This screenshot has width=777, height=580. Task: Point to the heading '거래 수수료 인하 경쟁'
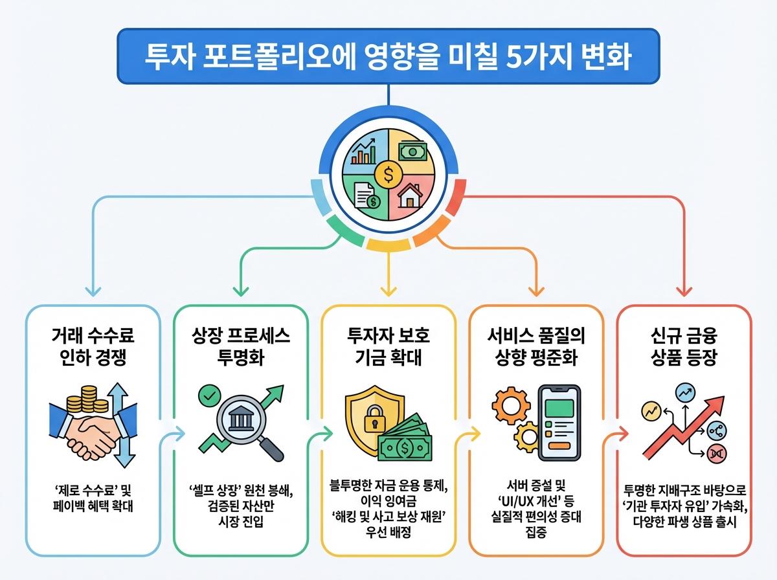pyautogui.click(x=93, y=347)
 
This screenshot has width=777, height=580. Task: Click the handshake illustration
pyautogui.click(x=92, y=428)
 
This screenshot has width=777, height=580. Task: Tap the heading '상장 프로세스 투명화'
pyautogui.click(x=240, y=347)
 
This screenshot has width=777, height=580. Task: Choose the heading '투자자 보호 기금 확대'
pyautogui.click(x=388, y=347)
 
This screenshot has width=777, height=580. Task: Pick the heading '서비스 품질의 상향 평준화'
pyautogui.click(x=536, y=347)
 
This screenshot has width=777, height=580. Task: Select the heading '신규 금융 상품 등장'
pyautogui.click(x=684, y=347)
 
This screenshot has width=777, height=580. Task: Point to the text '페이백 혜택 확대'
pyautogui.click(x=93, y=506)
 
